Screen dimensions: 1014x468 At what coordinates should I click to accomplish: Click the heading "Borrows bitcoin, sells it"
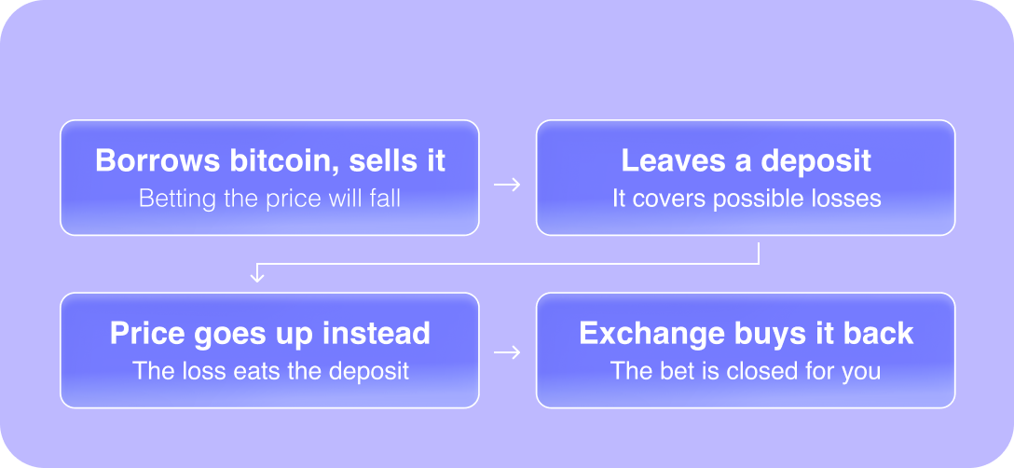point(269,160)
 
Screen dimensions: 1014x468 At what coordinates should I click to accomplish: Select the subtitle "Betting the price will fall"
point(269,198)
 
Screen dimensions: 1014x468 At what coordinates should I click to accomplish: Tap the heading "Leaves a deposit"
point(746,160)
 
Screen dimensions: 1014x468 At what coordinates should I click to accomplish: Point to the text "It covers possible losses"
point(747,198)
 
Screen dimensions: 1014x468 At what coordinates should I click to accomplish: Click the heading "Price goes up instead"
point(269,334)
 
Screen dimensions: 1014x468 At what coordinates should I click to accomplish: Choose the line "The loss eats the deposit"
point(270,371)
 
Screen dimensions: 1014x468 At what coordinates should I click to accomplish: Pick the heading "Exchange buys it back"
point(746,334)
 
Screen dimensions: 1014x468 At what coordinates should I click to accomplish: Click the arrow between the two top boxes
point(507,185)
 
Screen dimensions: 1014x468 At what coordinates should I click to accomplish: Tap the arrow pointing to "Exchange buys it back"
point(507,352)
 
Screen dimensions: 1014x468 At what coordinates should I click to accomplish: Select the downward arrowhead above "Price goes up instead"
point(256,277)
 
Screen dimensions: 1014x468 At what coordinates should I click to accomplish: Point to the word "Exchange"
point(651,334)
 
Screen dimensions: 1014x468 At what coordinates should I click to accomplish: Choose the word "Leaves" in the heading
point(673,160)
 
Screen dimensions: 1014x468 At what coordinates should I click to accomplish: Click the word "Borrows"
point(158,160)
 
